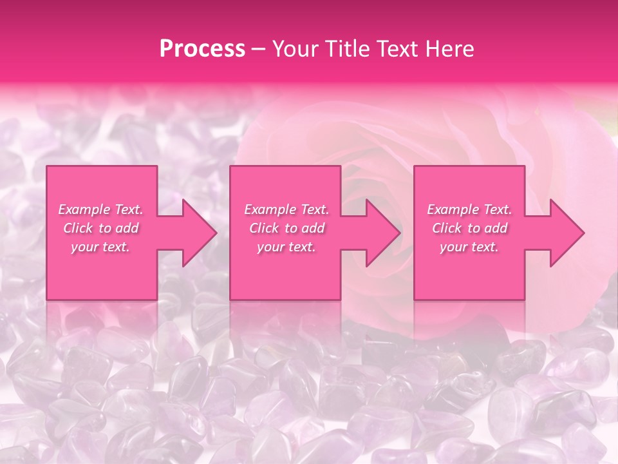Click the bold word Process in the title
202,49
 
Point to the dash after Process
259,50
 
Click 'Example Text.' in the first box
100,209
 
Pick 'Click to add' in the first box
100,228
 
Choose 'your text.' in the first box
100,247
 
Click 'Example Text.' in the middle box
286,209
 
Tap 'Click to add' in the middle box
286,228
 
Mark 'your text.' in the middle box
286,247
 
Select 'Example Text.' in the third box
469,209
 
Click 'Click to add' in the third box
469,228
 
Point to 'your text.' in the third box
469,247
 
